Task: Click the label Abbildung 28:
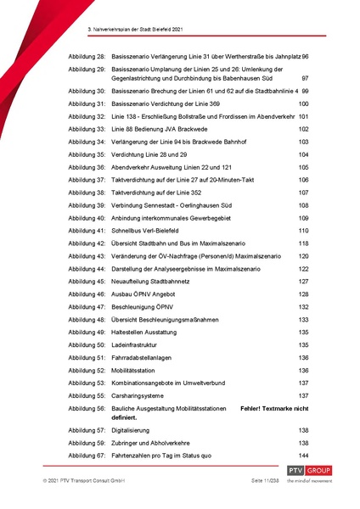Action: coord(87,55)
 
